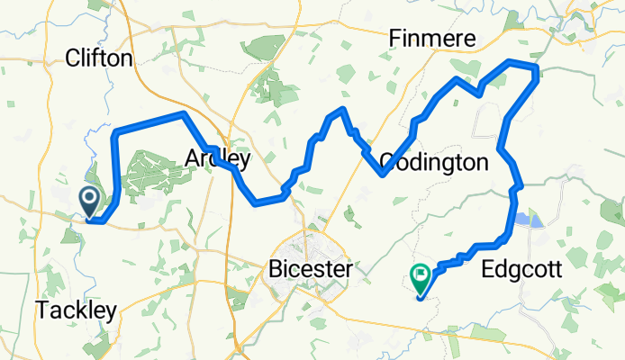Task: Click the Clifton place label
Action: click(99, 58)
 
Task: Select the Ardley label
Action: click(216, 158)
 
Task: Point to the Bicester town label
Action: click(313, 267)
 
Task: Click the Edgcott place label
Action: click(521, 269)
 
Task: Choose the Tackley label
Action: click(77, 311)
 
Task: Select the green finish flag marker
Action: click(421, 276)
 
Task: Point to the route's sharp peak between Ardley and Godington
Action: click(343, 109)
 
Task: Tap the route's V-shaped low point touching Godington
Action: click(384, 174)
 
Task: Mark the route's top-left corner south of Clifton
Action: click(117, 133)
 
